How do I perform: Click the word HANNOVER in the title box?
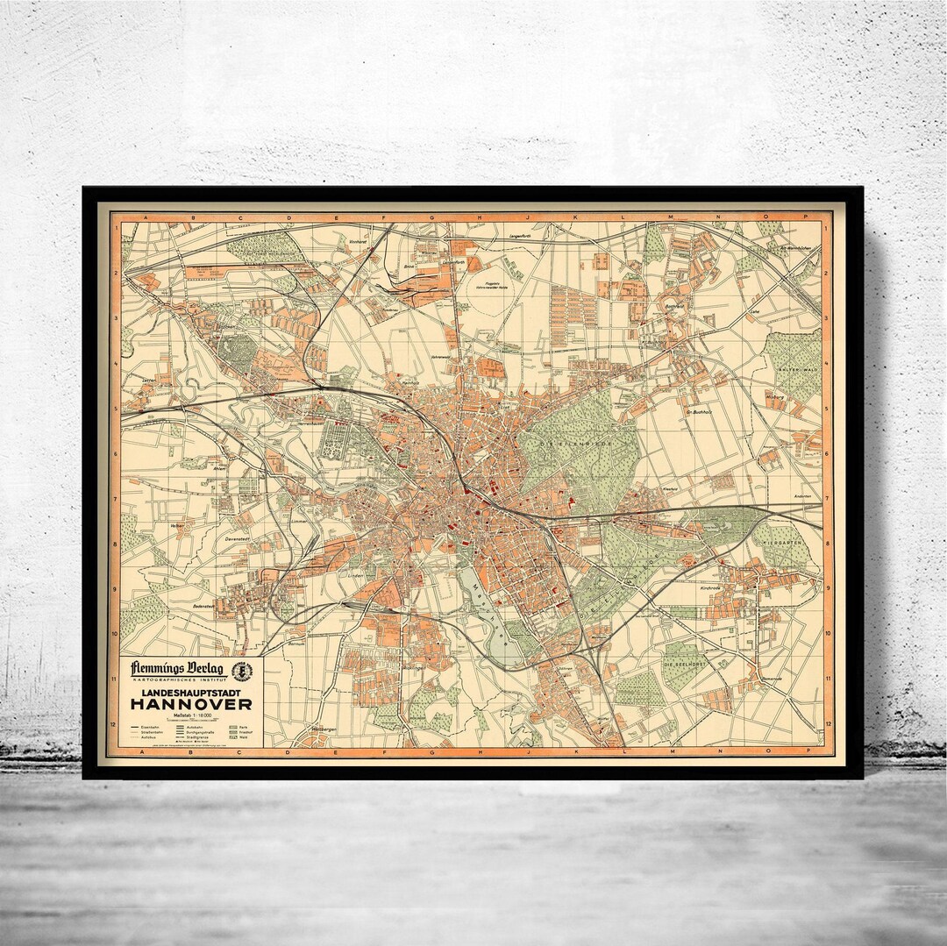tap(191, 704)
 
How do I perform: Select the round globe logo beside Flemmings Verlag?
tap(241, 671)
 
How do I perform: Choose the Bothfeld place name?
tap(673, 306)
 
